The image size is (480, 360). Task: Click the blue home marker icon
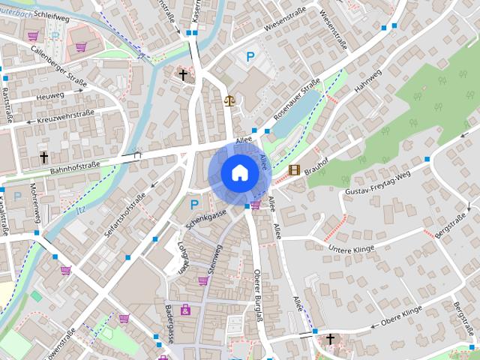[239, 173]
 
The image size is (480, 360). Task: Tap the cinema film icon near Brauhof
[294, 170]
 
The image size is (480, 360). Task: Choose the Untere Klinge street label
[351, 247]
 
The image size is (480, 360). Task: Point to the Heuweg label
[51, 97]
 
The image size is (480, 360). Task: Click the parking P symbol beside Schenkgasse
[194, 204]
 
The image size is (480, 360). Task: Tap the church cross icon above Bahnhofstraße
[44, 157]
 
